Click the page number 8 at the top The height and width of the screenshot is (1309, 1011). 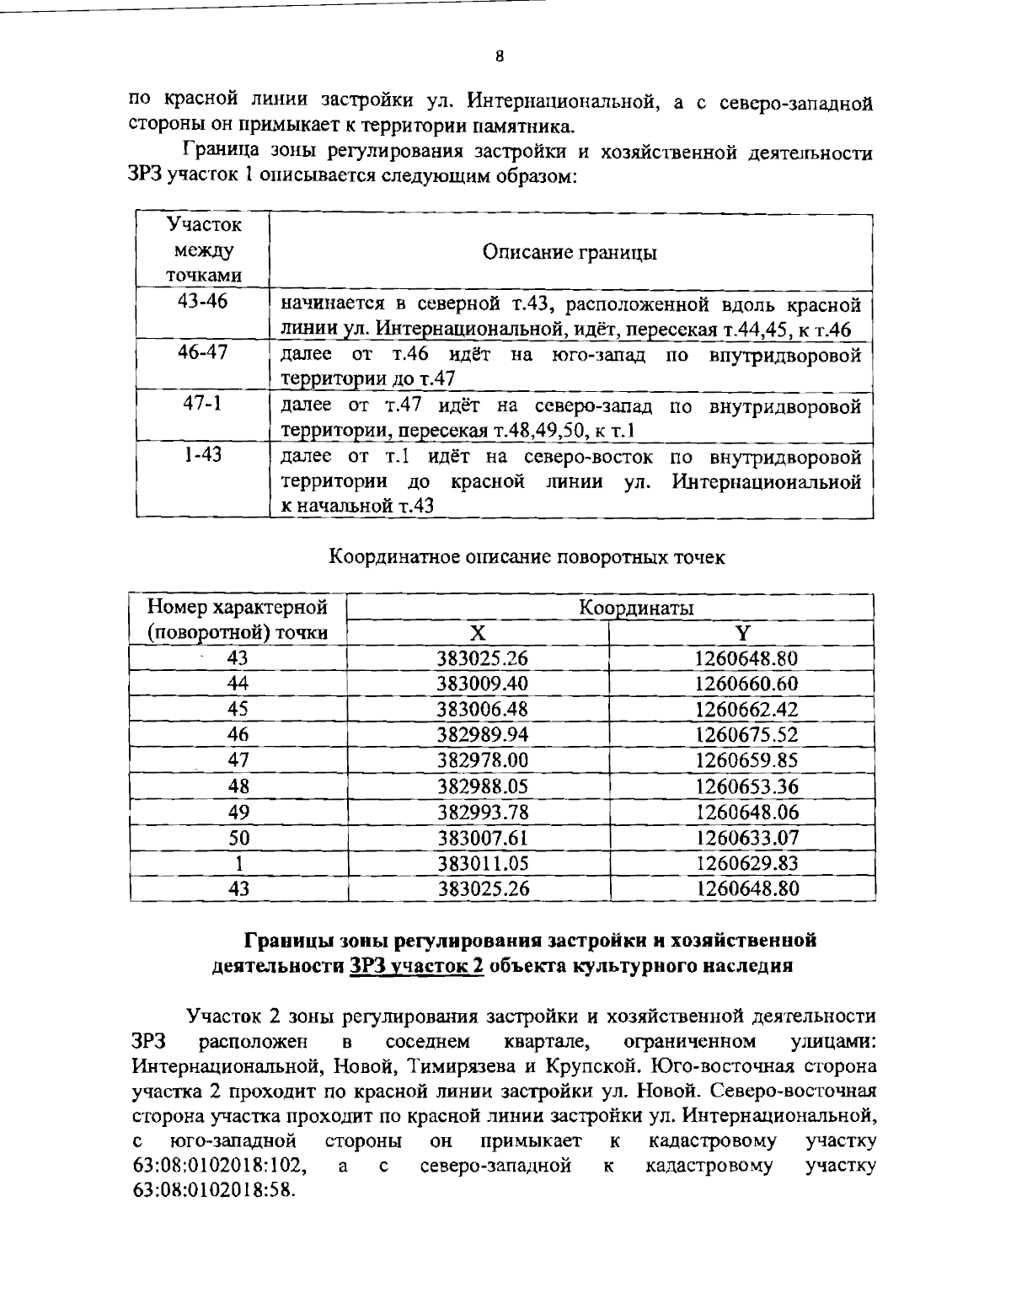tap(500, 57)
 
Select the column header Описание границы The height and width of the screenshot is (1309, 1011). tap(570, 252)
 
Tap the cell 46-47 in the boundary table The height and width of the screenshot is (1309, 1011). tap(202, 352)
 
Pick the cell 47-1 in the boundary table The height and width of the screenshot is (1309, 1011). tap(202, 404)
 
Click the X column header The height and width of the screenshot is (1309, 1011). tap(478, 633)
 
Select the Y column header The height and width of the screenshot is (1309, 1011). tap(742, 633)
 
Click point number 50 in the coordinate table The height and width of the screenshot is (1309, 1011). tap(239, 838)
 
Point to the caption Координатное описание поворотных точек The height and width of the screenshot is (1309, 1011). tap(527, 557)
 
